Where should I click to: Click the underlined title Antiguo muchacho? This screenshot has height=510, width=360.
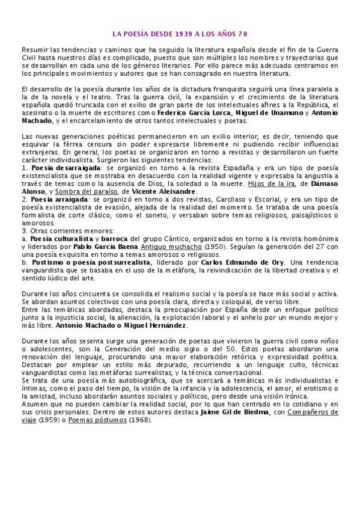[168, 247]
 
